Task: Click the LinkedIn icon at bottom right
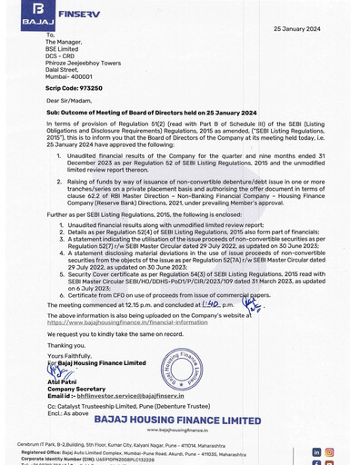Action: pos(316,451)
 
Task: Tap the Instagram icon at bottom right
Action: pos(329,451)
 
